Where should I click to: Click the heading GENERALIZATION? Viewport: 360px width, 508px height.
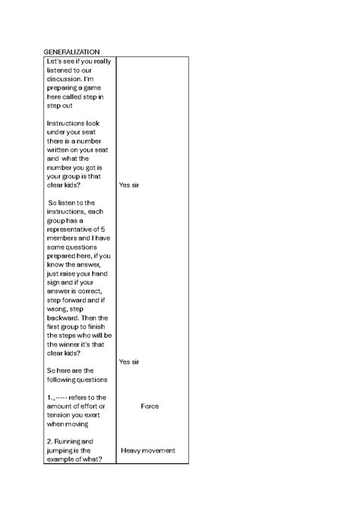pos(72,51)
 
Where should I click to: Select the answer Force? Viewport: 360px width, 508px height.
pos(150,406)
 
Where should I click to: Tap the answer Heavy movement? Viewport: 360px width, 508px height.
pos(148,450)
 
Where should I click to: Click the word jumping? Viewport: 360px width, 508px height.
pos(63,450)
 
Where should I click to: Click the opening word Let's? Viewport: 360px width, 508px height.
pos(54,61)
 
